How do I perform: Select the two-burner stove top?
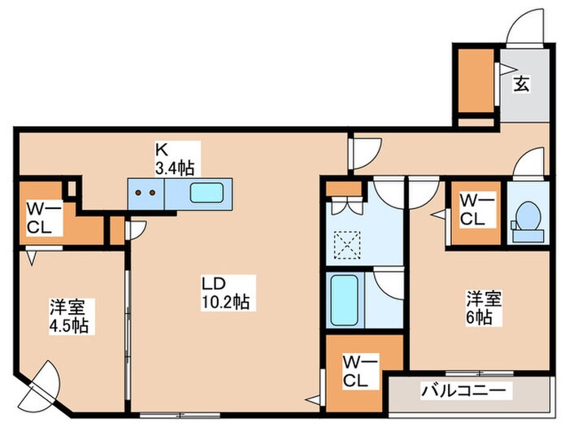pos(146,195)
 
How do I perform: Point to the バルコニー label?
pos(467,391)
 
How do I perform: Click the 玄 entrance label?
pos(521,82)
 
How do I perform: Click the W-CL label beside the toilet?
pos(473,209)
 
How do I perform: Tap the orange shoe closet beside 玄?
pos(475,81)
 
